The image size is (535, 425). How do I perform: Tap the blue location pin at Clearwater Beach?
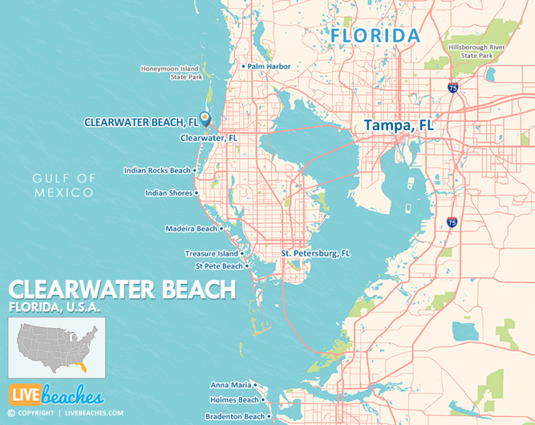tap(205, 118)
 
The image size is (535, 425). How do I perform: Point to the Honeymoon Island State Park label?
tap(170, 72)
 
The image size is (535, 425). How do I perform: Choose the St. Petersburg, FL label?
tap(315, 253)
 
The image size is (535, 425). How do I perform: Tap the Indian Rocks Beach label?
tap(157, 170)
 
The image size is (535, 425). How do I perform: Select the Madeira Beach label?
tap(191, 229)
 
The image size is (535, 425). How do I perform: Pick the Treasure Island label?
tap(212, 254)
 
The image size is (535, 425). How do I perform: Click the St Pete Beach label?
tap(219, 266)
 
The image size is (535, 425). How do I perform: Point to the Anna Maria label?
tap(231, 385)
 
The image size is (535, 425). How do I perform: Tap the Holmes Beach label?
tap(234, 400)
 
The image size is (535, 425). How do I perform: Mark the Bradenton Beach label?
tap(235, 417)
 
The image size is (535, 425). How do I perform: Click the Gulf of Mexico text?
tap(63, 185)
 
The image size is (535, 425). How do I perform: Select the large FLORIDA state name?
tap(375, 35)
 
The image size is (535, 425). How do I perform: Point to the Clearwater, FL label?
tap(209, 138)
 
